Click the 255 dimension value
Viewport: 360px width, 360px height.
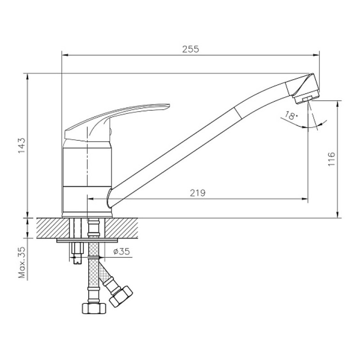point(190,49)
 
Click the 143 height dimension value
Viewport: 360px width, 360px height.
point(22,146)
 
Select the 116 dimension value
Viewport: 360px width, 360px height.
point(332,159)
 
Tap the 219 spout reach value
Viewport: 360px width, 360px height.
point(198,193)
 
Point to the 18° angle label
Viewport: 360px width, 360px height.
point(291,116)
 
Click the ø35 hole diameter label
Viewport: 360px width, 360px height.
point(121,252)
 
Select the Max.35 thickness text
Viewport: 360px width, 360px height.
point(22,262)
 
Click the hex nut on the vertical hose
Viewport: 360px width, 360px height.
point(94,309)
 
